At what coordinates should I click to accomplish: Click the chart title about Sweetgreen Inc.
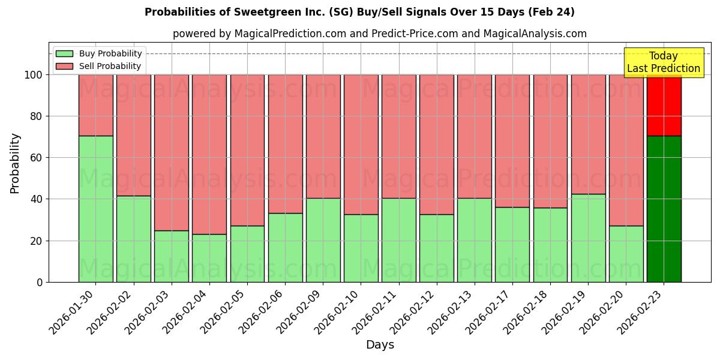(x=359, y=12)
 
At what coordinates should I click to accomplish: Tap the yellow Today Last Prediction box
(x=663, y=62)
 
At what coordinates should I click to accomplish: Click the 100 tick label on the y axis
(x=33, y=75)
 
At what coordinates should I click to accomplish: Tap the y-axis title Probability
(x=15, y=163)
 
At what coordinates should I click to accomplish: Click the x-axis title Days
(x=380, y=345)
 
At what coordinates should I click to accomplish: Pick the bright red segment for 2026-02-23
(x=664, y=105)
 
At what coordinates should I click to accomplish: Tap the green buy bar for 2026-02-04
(x=209, y=258)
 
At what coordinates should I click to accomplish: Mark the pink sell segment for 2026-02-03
(x=172, y=152)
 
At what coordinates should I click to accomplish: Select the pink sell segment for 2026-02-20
(x=626, y=150)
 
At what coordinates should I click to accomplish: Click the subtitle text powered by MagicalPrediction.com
(x=379, y=34)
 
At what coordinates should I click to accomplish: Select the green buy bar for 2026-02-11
(x=398, y=240)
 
